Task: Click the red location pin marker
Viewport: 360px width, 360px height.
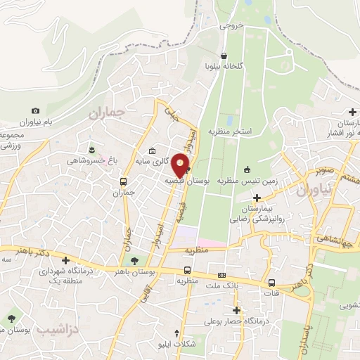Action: (181, 166)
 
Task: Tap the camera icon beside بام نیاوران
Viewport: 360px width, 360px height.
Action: (36, 110)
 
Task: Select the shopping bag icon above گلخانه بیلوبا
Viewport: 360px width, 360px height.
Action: (224, 55)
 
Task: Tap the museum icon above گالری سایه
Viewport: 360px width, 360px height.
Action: (153, 151)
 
